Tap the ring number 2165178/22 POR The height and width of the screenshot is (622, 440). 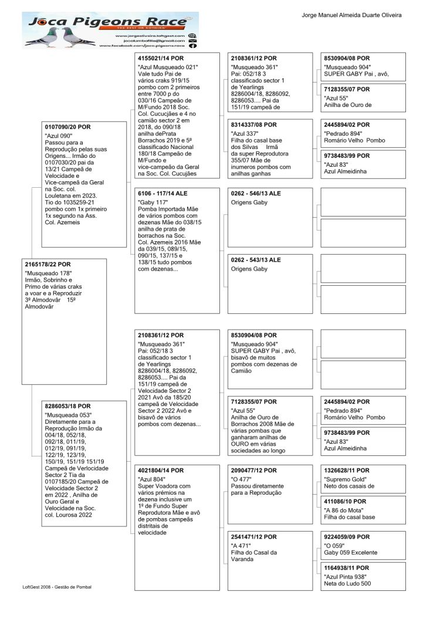pos(48,264)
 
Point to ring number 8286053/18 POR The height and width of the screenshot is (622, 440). pos(68,405)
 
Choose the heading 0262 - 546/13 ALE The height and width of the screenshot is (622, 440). pos(256,193)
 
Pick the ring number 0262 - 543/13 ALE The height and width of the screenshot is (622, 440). pos(256,259)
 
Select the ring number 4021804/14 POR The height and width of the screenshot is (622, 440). pos(161,470)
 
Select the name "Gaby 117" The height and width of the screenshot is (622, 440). pos(152,202)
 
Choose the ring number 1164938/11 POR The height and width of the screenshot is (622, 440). pos(347,568)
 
